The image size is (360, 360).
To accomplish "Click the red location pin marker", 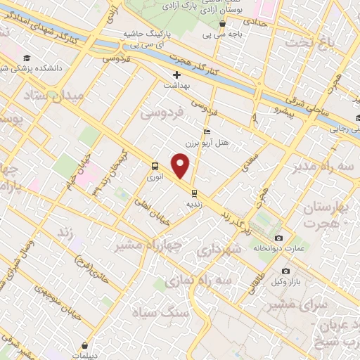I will point(181,166).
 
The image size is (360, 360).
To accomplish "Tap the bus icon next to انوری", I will point(154,166).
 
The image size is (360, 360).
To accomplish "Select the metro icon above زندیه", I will point(194,192).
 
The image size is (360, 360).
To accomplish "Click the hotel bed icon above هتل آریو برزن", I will point(206,132).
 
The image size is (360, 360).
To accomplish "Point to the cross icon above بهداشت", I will point(176,75).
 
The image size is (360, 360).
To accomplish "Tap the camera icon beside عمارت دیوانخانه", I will point(279,238).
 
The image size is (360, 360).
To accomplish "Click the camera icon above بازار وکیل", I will point(285,271).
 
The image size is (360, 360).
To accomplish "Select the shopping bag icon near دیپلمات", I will point(84,345).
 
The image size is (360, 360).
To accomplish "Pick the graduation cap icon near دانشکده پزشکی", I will point(27,58).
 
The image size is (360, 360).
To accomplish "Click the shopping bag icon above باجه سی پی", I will point(222,23).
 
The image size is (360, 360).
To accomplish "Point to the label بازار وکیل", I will point(287,282).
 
